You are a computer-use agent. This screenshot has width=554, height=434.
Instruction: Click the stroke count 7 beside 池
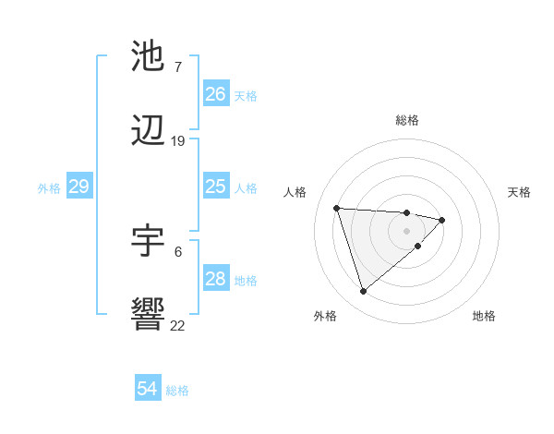click(177, 67)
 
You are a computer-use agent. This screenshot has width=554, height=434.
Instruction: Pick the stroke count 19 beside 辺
click(178, 141)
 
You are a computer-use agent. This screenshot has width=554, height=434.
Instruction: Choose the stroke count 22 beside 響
click(178, 325)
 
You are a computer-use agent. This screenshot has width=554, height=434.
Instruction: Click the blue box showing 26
click(216, 94)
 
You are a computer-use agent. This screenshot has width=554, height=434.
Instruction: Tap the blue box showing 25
click(216, 187)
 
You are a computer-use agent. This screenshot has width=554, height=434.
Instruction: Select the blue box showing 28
click(216, 279)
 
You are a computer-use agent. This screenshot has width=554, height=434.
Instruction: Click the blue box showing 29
click(78, 187)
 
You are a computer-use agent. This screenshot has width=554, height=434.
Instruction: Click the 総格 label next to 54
click(177, 391)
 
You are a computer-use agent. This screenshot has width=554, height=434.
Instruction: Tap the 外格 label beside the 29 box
click(49, 188)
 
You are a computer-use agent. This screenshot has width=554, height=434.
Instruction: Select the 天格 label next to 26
click(246, 96)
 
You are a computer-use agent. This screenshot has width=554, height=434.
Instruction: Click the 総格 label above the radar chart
click(407, 120)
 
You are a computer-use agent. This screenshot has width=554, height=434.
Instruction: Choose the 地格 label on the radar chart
click(484, 317)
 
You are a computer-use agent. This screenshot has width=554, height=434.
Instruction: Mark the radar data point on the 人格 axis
click(337, 208)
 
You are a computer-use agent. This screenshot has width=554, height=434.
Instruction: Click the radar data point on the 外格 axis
click(364, 291)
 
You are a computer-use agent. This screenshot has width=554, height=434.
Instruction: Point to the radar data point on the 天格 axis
click(443, 220)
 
